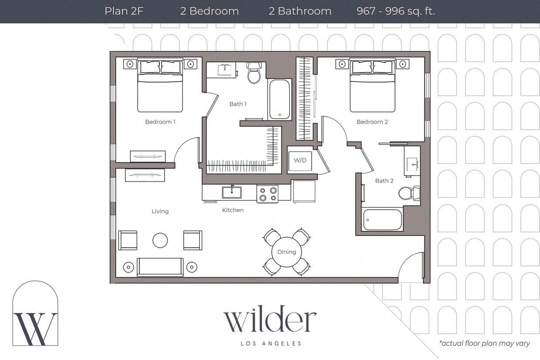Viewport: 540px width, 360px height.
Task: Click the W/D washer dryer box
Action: (300, 160)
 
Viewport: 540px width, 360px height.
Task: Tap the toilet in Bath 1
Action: (253, 74)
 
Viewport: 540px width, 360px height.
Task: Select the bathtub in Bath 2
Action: (382, 220)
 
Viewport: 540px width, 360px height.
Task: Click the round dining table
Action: (286, 252)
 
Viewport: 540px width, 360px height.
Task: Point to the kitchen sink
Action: (231, 192)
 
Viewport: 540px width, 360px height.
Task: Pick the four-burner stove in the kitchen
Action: (267, 194)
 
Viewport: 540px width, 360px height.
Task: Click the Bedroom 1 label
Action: (160, 122)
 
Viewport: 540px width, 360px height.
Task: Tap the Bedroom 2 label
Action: (372, 122)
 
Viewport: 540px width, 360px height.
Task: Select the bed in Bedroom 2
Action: (372, 87)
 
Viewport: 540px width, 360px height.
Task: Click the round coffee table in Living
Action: (160, 240)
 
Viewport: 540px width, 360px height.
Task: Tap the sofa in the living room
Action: (160, 267)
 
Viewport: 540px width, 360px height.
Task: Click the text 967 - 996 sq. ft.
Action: (395, 11)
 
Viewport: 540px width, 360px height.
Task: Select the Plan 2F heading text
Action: (124, 11)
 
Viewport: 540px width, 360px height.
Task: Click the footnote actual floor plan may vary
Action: (484, 343)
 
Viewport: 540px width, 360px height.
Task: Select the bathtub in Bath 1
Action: (279, 99)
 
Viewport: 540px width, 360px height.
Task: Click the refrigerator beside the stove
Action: (304, 192)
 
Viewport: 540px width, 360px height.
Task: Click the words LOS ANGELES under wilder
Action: (271, 343)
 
